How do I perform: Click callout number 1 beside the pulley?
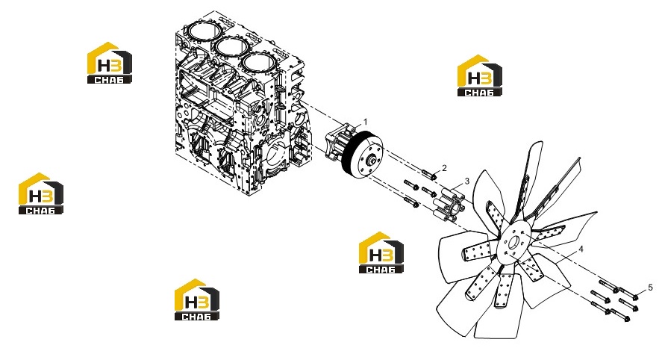click(365, 122)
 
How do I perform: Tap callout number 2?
click(444, 168)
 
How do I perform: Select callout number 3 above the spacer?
click(467, 181)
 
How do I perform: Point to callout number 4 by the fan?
click(581, 249)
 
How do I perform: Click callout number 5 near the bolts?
click(650, 288)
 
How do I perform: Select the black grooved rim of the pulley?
click(349, 154)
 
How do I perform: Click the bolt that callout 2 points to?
click(429, 174)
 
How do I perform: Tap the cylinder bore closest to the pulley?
click(258, 63)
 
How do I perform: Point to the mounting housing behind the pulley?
click(338, 143)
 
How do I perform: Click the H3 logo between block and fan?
click(381, 252)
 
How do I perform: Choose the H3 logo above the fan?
click(480, 75)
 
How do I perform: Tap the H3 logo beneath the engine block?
click(197, 300)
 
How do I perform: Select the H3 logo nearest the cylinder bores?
click(110, 63)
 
